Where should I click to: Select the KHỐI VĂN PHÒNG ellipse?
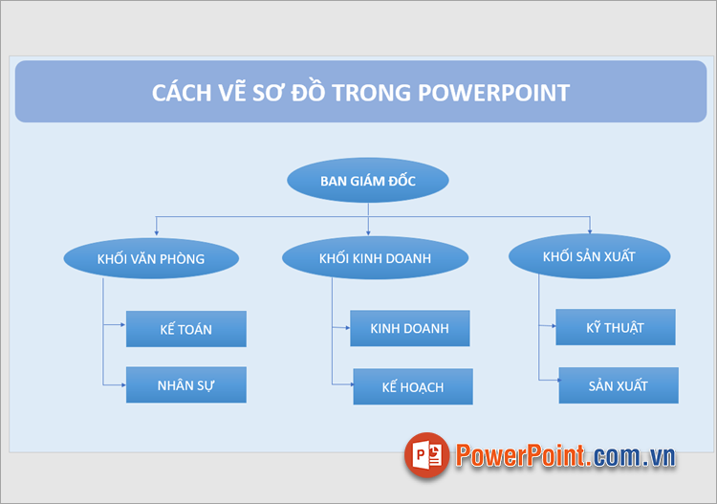pos(150,258)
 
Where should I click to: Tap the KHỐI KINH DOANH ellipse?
pos(375,258)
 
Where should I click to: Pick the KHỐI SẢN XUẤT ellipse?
pos(589,256)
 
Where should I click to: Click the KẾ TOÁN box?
pos(185,329)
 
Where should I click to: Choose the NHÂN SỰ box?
pos(185,384)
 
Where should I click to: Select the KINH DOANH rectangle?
pos(409,328)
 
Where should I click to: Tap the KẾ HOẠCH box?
pos(412,386)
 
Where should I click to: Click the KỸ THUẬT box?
pos(615,327)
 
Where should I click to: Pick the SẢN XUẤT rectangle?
pos(618,385)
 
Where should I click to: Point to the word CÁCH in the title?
pos(185,93)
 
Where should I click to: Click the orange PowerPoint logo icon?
pos(426,455)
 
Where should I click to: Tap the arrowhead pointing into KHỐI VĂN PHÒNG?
pos(156,233)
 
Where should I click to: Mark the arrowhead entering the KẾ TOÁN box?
pos(122,325)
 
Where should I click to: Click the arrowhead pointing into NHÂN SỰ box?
pos(122,384)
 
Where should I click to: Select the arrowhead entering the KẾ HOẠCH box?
pos(350,383)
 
